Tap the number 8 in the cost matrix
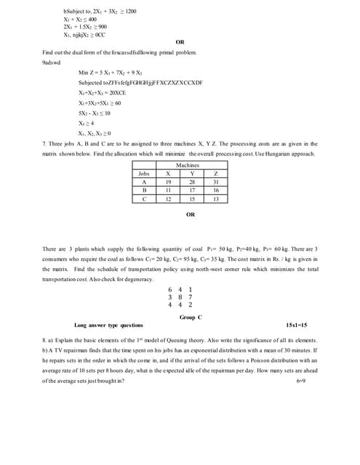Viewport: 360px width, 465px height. (180, 296)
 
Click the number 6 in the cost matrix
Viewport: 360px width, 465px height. (170, 289)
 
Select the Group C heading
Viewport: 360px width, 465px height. (190, 318)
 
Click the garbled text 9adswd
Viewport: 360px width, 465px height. (52, 62)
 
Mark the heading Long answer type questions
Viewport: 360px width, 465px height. (108, 325)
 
